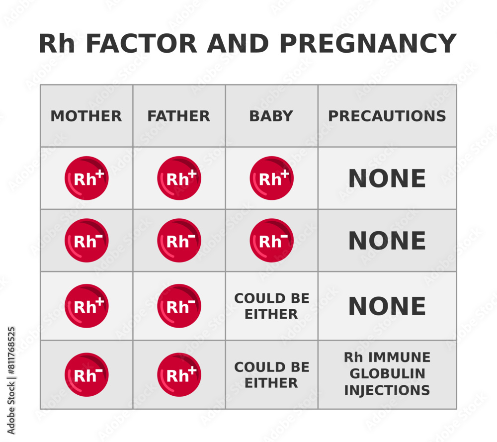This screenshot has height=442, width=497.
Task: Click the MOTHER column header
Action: coord(86,116)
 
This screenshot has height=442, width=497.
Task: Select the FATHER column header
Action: coord(178,116)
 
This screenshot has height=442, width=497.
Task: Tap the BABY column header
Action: coord(271,116)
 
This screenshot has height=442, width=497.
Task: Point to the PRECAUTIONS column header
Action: coord(387,116)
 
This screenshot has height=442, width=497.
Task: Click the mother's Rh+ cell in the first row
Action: coord(86,178)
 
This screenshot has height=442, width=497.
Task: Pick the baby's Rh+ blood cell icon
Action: coord(271,178)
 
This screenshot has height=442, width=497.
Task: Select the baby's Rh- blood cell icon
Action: coord(271,240)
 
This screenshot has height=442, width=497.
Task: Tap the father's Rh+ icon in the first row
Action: coord(179,178)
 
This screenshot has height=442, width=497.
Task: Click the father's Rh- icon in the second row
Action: coord(179,240)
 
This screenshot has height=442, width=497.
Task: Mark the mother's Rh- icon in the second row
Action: coord(86,240)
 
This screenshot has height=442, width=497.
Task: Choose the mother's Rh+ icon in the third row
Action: coord(86,306)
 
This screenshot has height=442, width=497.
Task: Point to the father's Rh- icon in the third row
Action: coord(179,306)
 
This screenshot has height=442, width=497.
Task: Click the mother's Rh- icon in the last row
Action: coord(86,374)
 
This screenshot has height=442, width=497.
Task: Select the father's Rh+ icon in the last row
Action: coord(179,374)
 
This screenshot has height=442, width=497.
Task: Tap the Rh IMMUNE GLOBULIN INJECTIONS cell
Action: coord(387,374)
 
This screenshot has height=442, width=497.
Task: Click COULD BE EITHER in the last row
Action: coord(271,375)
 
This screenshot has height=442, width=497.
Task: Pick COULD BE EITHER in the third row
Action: coord(271,306)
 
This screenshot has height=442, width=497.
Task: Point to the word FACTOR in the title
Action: coord(141,44)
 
